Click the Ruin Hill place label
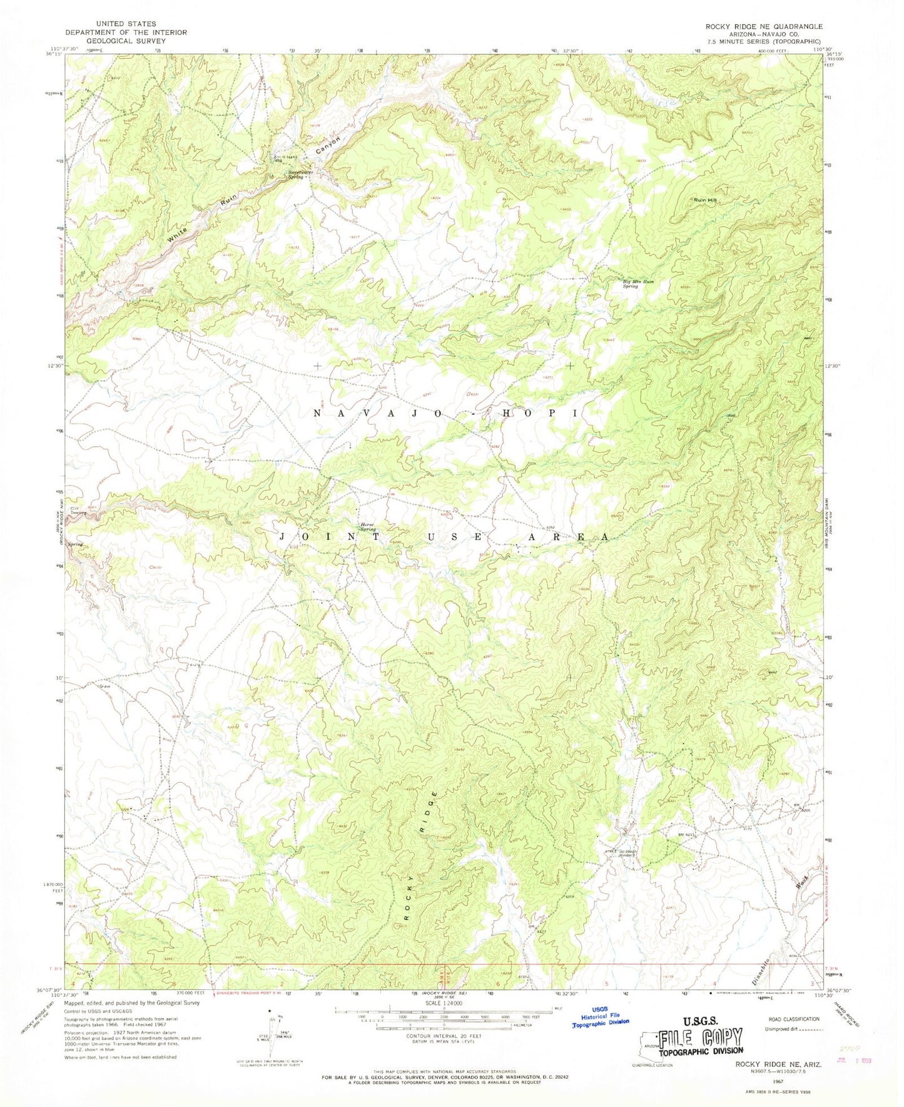704,200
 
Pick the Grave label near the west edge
104,686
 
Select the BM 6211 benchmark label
685,835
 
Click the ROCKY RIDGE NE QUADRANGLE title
763,26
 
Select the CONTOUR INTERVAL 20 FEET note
444,1036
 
